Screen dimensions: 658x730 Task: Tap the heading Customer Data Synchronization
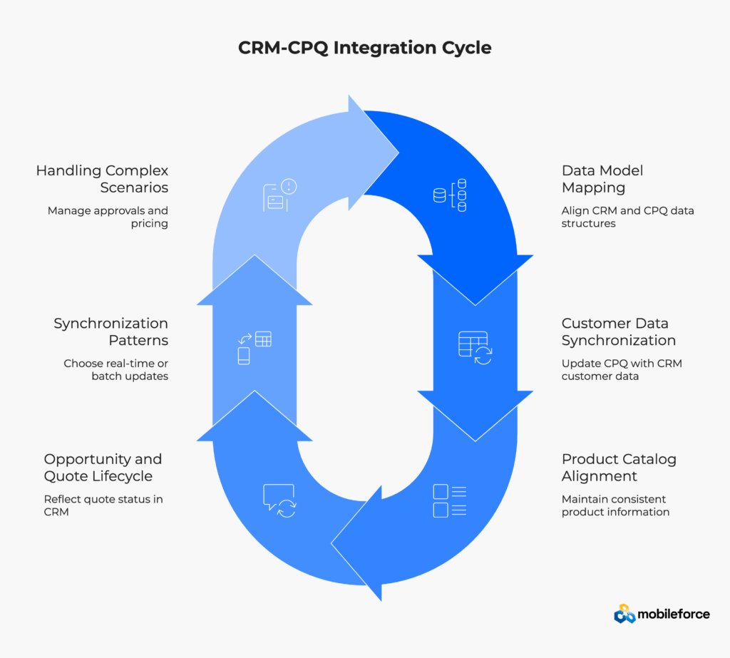pos(618,331)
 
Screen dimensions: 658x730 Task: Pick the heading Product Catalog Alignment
pos(619,468)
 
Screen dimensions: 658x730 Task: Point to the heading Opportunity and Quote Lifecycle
pos(103,468)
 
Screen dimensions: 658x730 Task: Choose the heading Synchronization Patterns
pos(110,331)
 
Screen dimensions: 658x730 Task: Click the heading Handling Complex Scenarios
pos(102,179)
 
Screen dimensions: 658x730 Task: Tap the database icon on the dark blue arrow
pos(450,195)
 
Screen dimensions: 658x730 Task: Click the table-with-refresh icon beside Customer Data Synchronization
pos(474,347)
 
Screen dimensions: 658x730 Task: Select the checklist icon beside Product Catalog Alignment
pos(450,500)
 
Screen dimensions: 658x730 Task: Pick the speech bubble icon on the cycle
pos(279,500)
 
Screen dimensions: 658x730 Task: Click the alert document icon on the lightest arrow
pos(279,195)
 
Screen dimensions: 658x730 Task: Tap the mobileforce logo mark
pos(624,614)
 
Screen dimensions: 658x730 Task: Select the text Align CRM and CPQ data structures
pos(627,217)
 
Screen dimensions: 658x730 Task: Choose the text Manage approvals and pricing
pos(108,217)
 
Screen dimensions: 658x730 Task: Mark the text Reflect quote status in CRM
pos(103,505)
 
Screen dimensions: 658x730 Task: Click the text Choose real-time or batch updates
pos(115,369)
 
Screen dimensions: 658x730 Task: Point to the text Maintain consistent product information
pos(615,505)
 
